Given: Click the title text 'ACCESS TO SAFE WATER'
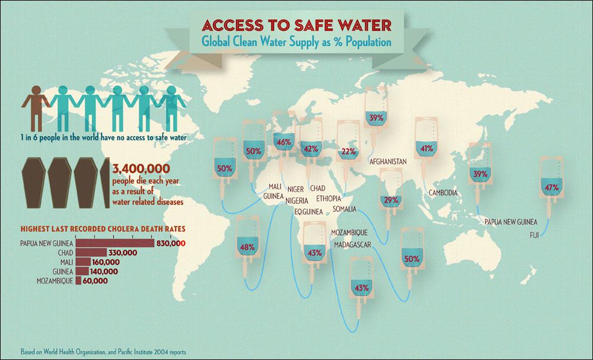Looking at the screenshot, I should (x=296, y=26).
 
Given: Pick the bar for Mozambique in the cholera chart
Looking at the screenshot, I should (x=77, y=281).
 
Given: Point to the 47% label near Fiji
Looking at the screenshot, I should (x=551, y=188).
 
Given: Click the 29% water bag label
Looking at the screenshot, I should (x=391, y=200).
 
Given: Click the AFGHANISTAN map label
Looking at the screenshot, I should (x=387, y=161).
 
